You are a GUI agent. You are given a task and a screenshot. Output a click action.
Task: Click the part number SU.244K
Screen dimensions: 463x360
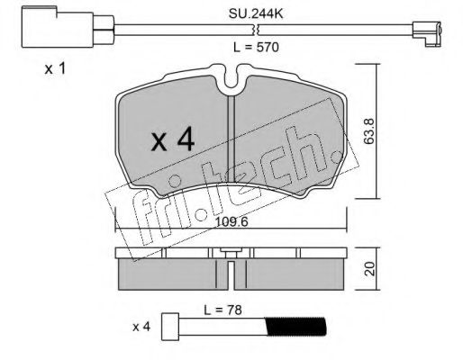256,13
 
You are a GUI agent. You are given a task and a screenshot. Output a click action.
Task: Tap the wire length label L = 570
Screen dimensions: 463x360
256,47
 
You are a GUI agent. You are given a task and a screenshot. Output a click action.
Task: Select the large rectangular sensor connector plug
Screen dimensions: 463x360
58,27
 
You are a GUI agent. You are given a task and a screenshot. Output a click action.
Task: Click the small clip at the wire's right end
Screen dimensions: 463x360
427,34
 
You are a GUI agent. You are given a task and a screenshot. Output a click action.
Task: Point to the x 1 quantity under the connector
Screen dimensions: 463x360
55,69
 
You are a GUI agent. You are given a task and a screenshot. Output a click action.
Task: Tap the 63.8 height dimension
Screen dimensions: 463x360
369,131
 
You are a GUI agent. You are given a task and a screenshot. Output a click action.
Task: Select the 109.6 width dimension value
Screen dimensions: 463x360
231,222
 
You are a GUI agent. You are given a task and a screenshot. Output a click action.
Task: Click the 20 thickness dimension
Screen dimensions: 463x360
370,268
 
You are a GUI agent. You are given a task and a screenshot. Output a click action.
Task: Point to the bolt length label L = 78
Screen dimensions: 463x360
222,310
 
